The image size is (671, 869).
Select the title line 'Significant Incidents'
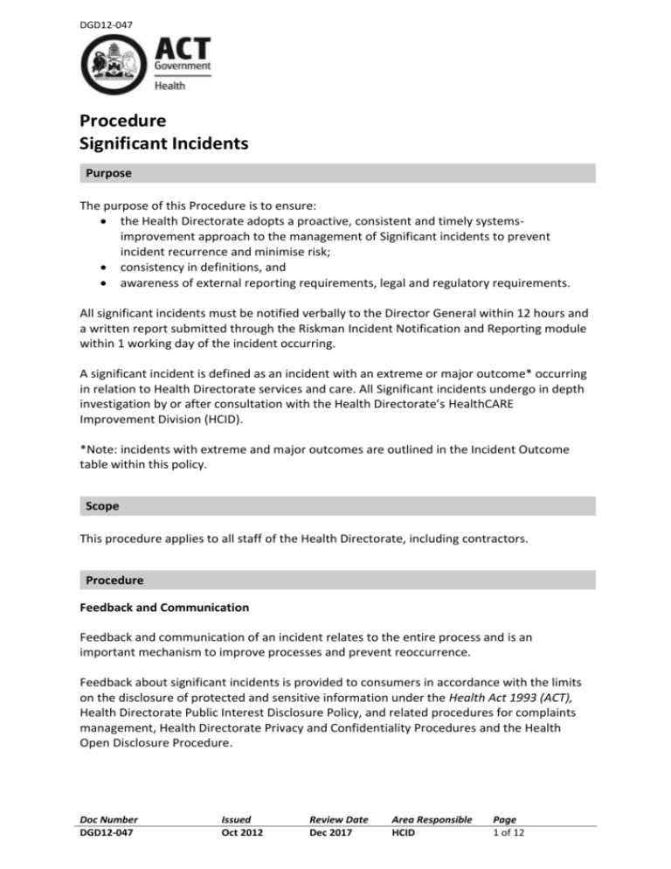pos(163,140)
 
